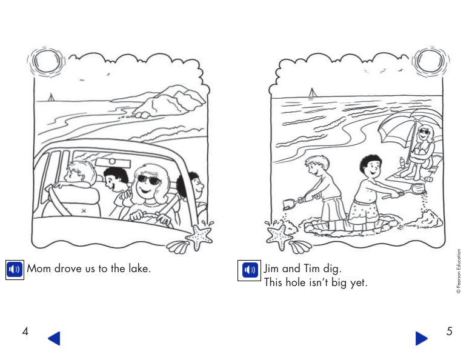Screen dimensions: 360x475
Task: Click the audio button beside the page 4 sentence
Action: pos(15,268)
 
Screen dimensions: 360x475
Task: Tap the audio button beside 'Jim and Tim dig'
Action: pos(250,268)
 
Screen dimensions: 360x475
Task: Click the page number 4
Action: pos(25,332)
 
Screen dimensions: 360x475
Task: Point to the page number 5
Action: pos(449,332)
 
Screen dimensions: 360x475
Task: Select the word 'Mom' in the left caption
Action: pos(39,268)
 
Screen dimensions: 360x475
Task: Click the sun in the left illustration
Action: pos(45,61)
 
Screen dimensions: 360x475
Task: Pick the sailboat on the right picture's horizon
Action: pos(312,93)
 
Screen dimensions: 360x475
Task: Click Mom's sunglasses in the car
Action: pos(148,179)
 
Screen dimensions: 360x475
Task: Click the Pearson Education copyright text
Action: pos(459,272)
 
